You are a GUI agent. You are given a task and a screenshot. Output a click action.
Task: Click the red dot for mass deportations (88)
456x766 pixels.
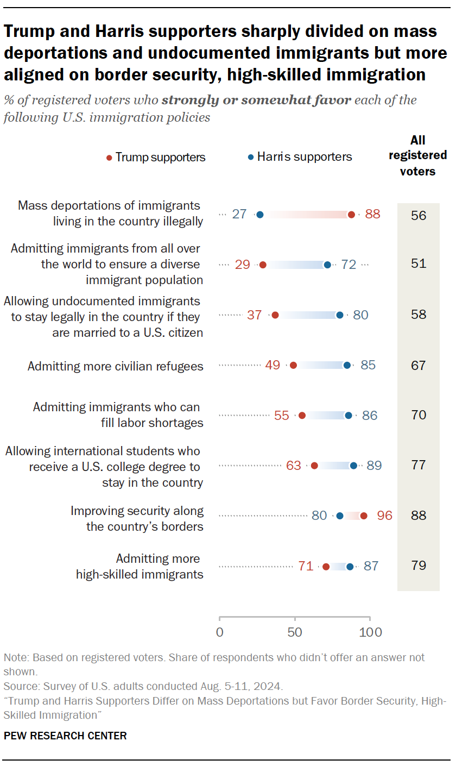pyautogui.click(x=351, y=215)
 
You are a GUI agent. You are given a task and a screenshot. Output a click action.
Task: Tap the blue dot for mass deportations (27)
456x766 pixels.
pyautogui.click(x=260, y=215)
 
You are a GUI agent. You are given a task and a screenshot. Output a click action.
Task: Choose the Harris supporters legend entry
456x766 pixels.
pyautogui.click(x=300, y=157)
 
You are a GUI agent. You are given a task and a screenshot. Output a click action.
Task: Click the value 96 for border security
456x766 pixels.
pyautogui.click(x=384, y=516)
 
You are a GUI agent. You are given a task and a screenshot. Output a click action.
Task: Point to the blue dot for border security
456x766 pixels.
pyautogui.click(x=340, y=516)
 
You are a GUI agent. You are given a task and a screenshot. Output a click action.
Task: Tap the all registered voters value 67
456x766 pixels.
pyautogui.click(x=418, y=365)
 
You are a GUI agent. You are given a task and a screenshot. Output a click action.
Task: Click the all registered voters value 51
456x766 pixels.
pyautogui.click(x=418, y=264)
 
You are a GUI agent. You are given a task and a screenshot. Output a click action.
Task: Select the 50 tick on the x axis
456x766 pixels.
pyautogui.click(x=295, y=632)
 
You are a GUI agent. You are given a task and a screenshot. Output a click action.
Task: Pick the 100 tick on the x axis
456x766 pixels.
pyautogui.click(x=370, y=632)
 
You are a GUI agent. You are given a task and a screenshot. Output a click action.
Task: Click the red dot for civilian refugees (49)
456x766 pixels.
pyautogui.click(x=293, y=365)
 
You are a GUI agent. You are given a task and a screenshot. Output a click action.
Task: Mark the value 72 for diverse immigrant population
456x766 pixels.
pyautogui.click(x=349, y=265)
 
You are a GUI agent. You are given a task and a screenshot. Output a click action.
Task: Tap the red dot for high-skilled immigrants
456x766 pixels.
pyautogui.click(x=326, y=567)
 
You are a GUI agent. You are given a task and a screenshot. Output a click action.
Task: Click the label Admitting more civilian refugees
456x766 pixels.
pyautogui.click(x=115, y=366)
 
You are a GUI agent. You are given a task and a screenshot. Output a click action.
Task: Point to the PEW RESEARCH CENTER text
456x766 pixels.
pyautogui.click(x=65, y=736)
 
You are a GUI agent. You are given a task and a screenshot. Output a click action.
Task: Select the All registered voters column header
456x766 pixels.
pyautogui.click(x=417, y=155)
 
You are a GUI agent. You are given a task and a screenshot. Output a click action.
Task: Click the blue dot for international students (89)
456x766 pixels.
pyautogui.click(x=353, y=466)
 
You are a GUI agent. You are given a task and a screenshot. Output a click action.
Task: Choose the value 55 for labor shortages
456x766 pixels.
pyautogui.click(x=282, y=416)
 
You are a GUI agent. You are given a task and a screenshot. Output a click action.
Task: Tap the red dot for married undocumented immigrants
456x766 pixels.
pyautogui.click(x=275, y=315)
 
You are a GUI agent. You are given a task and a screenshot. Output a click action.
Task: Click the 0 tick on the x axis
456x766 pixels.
pyautogui.click(x=219, y=632)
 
